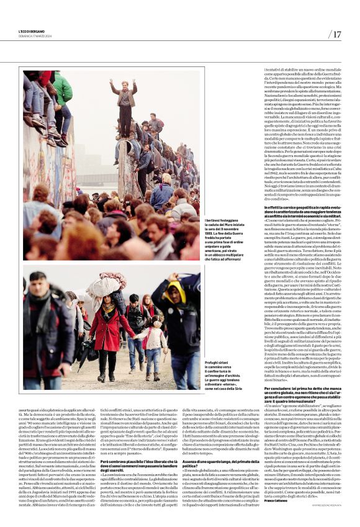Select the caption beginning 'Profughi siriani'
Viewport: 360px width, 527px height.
point(222,372)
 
